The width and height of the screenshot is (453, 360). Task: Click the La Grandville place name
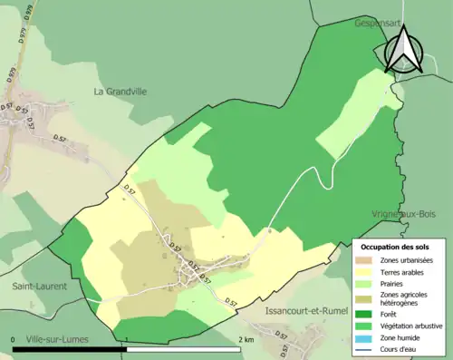point(120,92)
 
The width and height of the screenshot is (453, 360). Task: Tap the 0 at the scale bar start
point(13,338)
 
